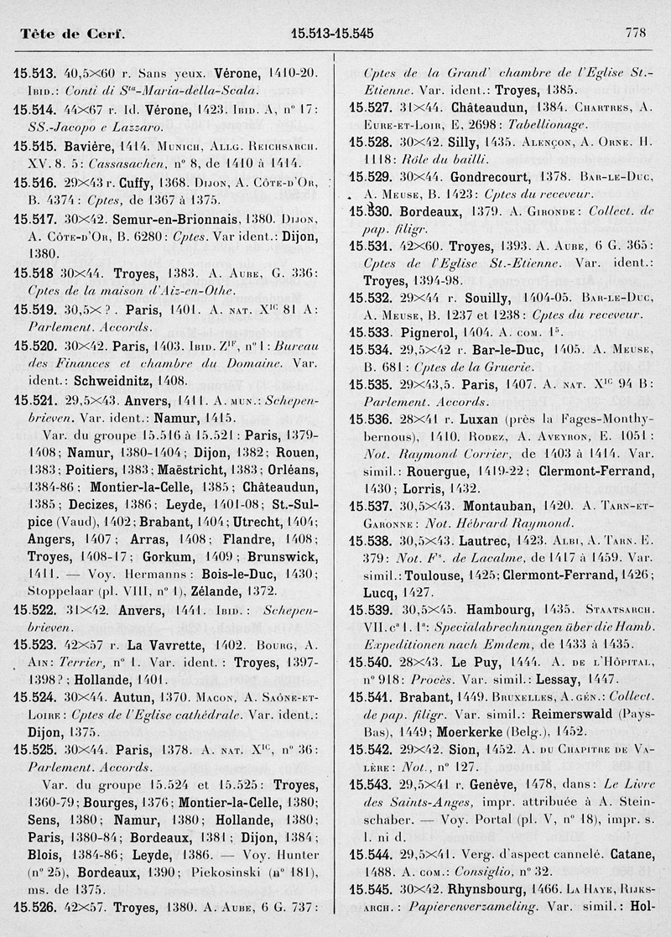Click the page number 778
click(635, 34)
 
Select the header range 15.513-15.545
click(331, 34)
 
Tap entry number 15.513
click(34, 73)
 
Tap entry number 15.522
click(34, 612)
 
